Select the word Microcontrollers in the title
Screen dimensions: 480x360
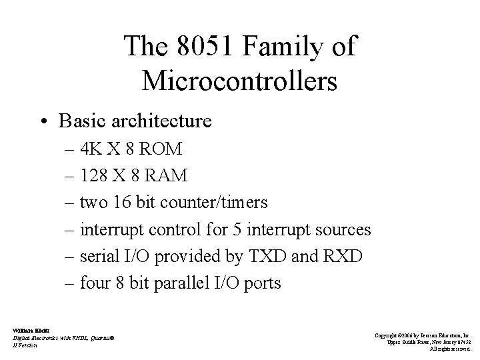239,81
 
